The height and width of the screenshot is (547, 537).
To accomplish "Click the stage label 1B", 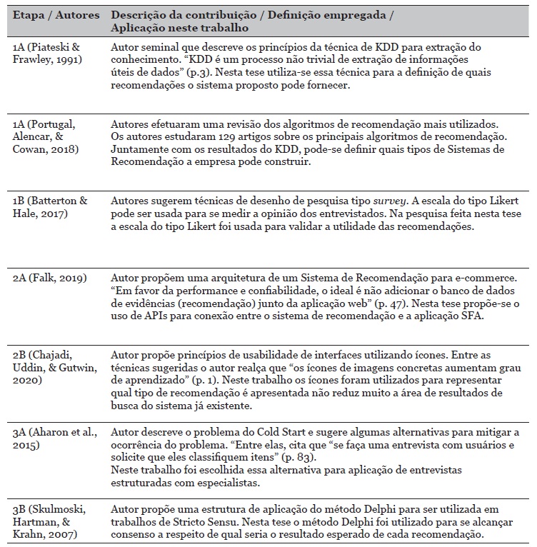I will pos(20,202).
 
